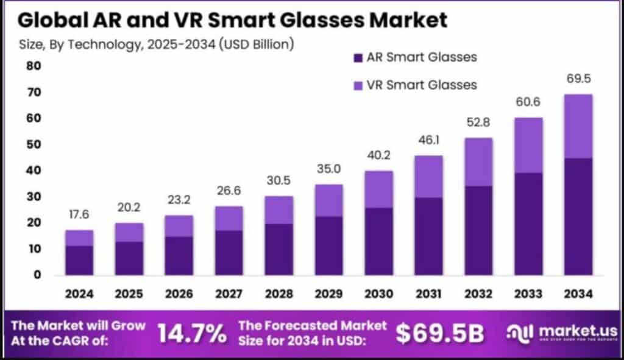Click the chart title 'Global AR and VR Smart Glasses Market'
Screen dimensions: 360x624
coord(232,19)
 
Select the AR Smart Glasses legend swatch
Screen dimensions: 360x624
coord(357,58)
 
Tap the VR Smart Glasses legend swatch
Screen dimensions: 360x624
coord(357,85)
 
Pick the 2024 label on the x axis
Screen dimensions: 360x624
coord(79,294)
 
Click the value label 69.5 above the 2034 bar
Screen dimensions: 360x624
coord(578,79)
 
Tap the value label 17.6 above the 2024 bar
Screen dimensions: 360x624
coord(79,215)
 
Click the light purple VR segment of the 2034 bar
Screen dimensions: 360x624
coord(578,126)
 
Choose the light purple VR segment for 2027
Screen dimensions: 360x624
coord(230,218)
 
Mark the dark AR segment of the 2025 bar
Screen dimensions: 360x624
coord(129,258)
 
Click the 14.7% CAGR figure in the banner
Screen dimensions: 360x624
coord(192,333)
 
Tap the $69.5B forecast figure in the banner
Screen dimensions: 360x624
coord(439,333)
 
